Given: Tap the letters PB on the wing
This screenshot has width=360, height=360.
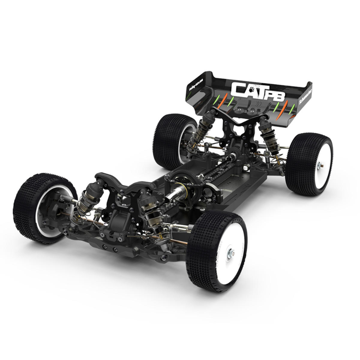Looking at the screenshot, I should (276, 95).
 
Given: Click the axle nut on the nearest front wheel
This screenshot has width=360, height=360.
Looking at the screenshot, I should (231, 253).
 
